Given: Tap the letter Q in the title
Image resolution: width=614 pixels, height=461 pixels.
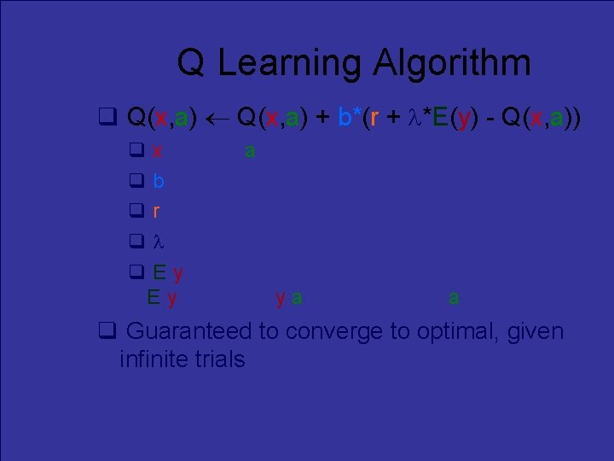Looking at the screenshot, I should point(191,63).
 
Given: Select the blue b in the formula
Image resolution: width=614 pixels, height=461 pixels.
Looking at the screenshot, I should point(344,117).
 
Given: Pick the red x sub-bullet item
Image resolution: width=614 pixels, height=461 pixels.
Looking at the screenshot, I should point(159,152).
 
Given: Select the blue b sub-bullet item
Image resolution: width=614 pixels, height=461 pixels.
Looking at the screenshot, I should point(159,181).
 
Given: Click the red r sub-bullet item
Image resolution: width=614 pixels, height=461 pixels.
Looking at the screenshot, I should point(157,211).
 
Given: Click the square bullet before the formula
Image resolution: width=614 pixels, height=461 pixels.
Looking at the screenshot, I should point(107,117).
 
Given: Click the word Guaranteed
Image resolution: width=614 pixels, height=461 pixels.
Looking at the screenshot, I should point(188,331).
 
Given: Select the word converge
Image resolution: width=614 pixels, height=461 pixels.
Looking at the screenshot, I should point(329,331).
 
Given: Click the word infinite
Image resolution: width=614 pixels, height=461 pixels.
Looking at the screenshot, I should point(153,359).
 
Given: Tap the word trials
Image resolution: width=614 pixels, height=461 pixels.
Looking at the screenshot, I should point(219,359).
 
